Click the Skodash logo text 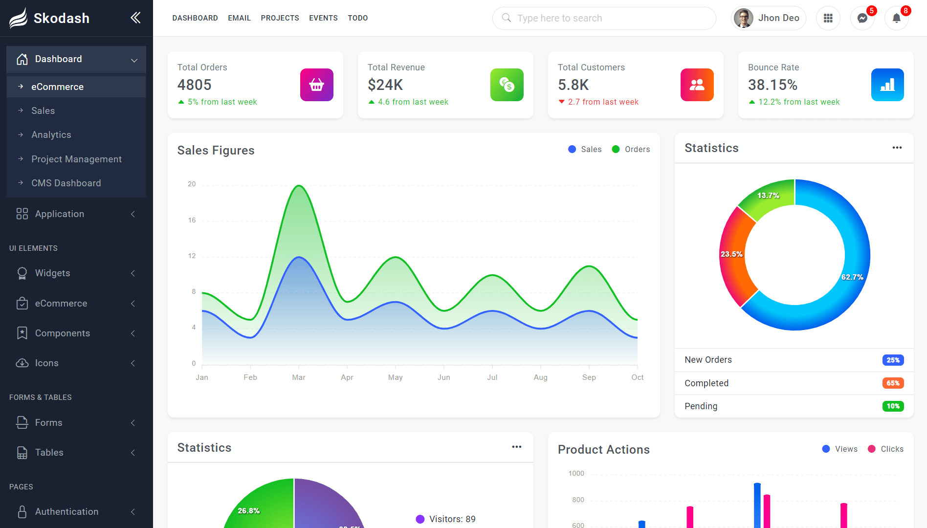pyautogui.click(x=61, y=18)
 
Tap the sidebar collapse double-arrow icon pyautogui.click(x=135, y=18)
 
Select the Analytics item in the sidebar pyautogui.click(x=51, y=134)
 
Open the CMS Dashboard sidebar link pyautogui.click(x=66, y=183)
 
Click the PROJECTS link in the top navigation pyautogui.click(x=280, y=18)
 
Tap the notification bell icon pyautogui.click(x=896, y=19)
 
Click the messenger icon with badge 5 pyautogui.click(x=862, y=19)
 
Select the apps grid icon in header pyautogui.click(x=828, y=18)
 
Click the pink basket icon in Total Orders pyautogui.click(x=316, y=85)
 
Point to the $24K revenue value pyautogui.click(x=385, y=85)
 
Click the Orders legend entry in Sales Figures pyautogui.click(x=631, y=149)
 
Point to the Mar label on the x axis pyautogui.click(x=298, y=377)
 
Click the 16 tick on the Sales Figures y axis pyautogui.click(x=192, y=220)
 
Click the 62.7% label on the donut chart pyautogui.click(x=852, y=277)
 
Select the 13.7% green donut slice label pyautogui.click(x=768, y=195)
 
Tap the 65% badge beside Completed pyautogui.click(x=893, y=383)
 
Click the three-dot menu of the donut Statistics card pyautogui.click(x=897, y=148)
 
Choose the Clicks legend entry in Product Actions pyautogui.click(x=885, y=449)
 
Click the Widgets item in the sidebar pyautogui.click(x=53, y=273)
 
